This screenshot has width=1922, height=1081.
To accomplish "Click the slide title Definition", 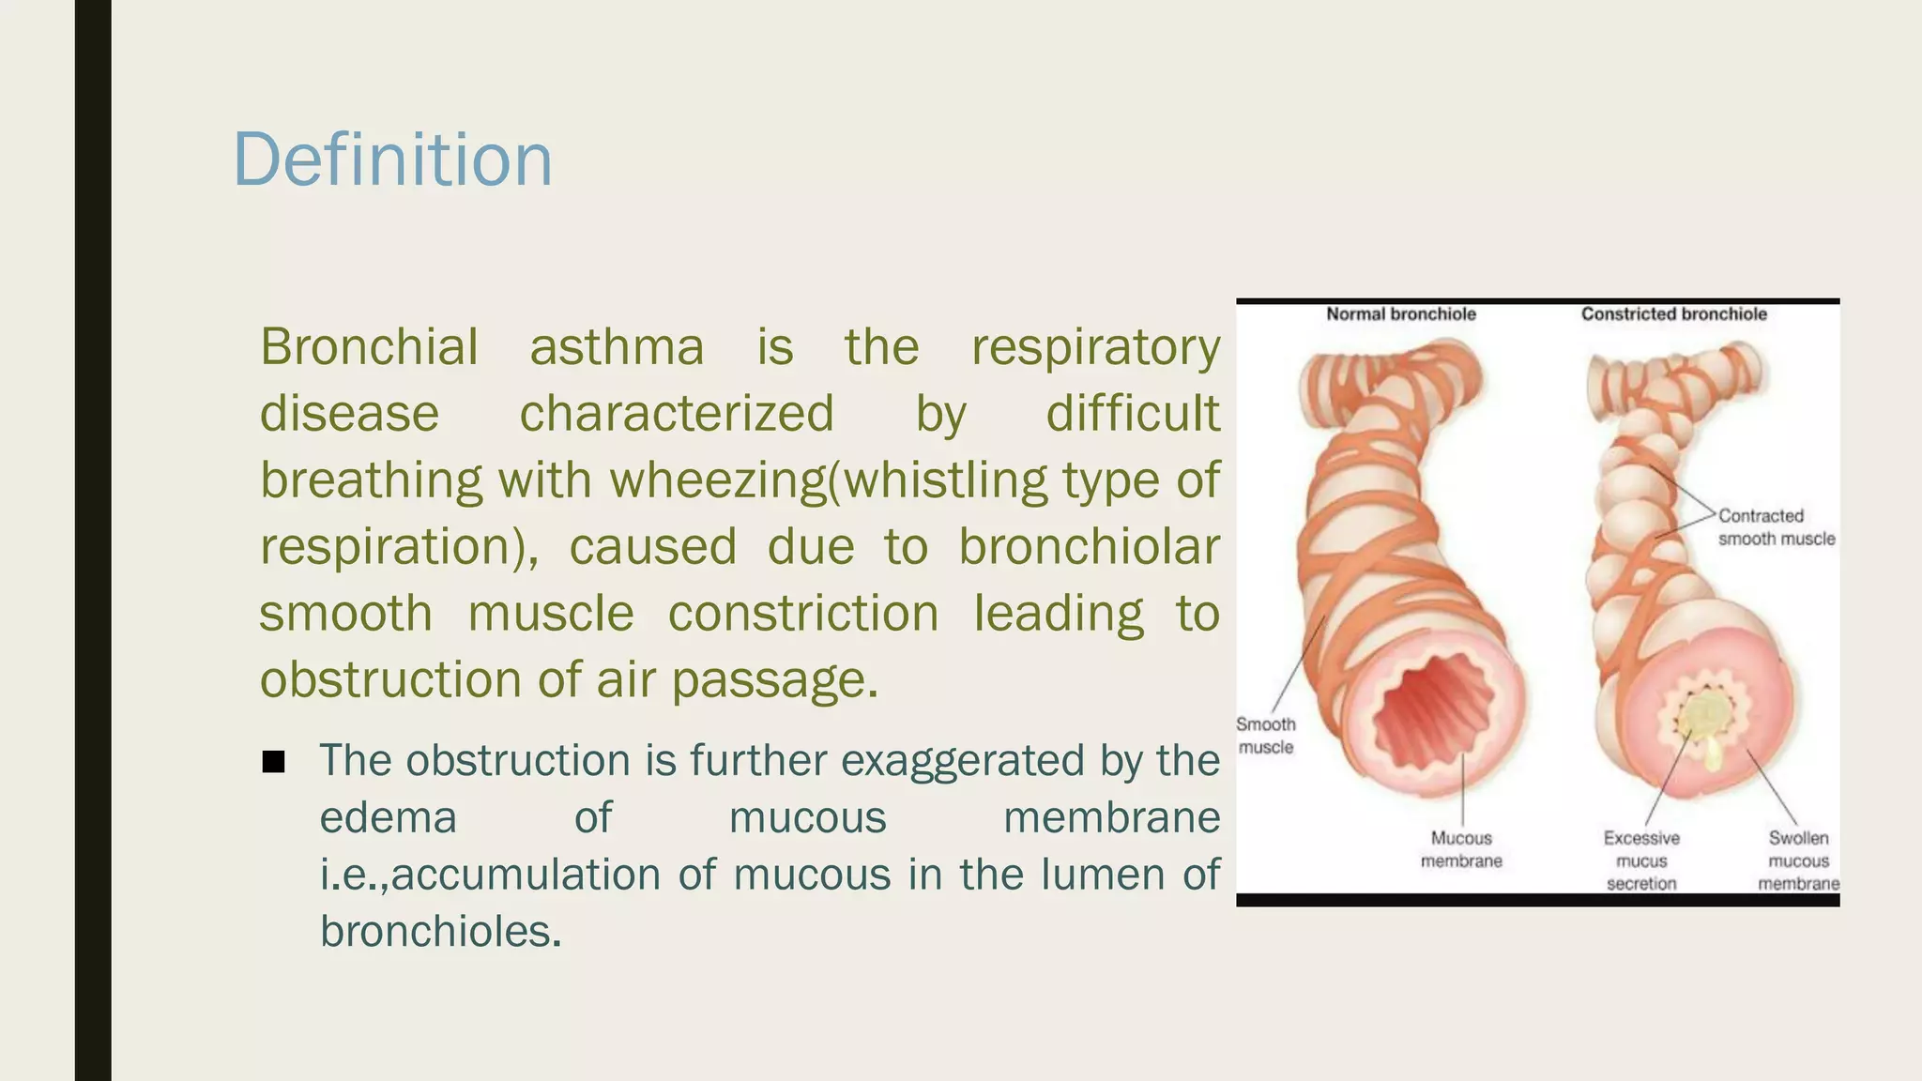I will pyautogui.click(x=392, y=160).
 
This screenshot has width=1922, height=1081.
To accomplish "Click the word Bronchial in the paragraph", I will pyautogui.click(x=369, y=347).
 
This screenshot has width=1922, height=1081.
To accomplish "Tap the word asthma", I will pyautogui.click(x=617, y=347).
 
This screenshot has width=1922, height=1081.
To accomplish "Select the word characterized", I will pyautogui.click(x=677, y=414).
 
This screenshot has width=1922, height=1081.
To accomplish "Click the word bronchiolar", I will pyautogui.click(x=1089, y=547).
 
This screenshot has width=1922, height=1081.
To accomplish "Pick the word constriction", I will pyautogui.click(x=803, y=614).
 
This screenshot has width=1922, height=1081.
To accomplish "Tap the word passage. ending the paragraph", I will pyautogui.click(x=775, y=680).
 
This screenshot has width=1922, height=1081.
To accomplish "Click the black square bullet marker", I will pyautogui.click(x=273, y=762).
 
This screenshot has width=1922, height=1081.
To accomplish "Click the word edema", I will pyautogui.click(x=388, y=817).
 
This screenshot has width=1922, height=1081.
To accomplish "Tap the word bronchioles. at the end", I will pyautogui.click(x=440, y=932).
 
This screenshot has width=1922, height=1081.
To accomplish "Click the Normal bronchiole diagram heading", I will pyautogui.click(x=1400, y=314).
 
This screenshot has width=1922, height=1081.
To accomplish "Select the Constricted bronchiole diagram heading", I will pyautogui.click(x=1673, y=314).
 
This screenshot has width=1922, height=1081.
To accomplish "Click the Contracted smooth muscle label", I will pyautogui.click(x=1775, y=527).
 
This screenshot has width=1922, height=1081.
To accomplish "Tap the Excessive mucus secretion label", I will pyautogui.click(x=1641, y=860).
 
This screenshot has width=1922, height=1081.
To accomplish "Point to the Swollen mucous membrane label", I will pyautogui.click(x=1798, y=860).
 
